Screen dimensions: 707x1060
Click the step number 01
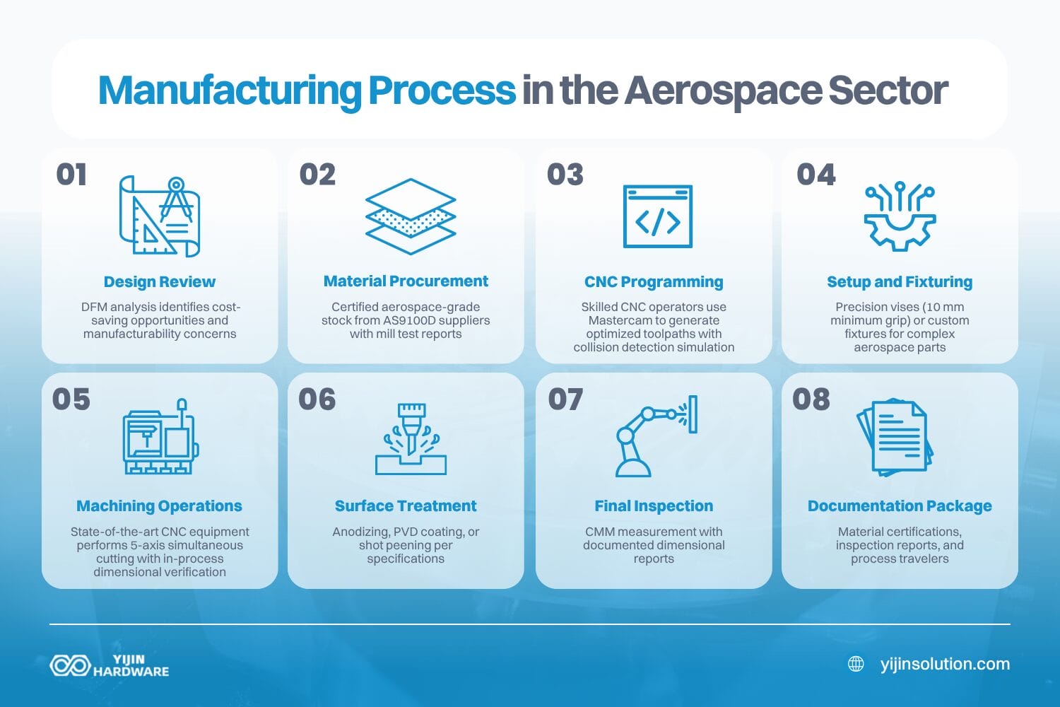[71, 175]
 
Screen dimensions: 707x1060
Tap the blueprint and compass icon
[160, 216]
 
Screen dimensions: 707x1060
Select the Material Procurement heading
[406, 281]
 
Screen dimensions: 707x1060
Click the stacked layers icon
[410, 216]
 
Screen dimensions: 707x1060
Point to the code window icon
[657, 216]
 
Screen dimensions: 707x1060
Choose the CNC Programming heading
[654, 282]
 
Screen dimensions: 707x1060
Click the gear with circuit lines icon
[900, 216]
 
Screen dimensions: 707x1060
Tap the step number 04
[815, 175]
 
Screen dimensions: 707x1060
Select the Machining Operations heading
[159, 506]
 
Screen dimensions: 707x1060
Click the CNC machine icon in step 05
[160, 437]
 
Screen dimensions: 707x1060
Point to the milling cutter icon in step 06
[411, 438]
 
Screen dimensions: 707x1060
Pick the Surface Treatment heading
[406, 506]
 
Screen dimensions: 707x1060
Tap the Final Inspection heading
[654, 506]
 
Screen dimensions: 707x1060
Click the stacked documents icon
[895, 437]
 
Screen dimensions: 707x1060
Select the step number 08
[811, 399]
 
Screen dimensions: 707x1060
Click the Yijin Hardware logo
[110, 665]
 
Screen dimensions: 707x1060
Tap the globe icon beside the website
[856, 664]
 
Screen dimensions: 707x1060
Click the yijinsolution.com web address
[945, 664]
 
